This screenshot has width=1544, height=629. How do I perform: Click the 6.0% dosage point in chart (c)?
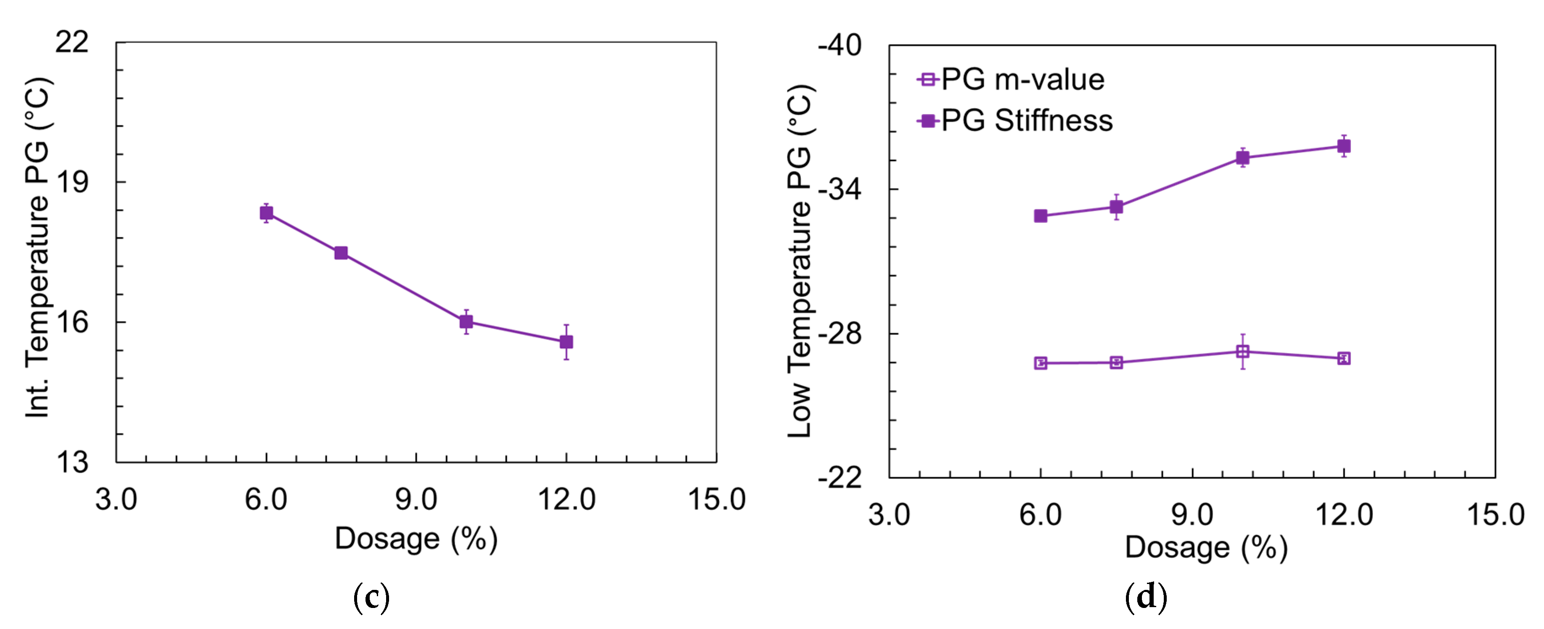click(266, 213)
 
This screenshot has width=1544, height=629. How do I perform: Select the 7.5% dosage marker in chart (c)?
click(341, 253)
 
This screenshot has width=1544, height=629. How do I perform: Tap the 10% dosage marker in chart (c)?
click(466, 322)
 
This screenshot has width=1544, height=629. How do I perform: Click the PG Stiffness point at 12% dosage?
click(1344, 146)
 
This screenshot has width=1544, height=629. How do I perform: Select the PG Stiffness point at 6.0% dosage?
click(1041, 216)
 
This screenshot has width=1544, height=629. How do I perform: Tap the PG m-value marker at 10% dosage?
click(1242, 351)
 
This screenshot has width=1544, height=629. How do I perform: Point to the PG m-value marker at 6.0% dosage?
click(1041, 363)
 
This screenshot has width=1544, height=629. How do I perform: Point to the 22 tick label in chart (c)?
click(72, 42)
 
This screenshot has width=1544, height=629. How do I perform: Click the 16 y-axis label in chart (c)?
click(72, 322)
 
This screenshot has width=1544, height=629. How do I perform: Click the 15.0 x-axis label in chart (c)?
click(716, 499)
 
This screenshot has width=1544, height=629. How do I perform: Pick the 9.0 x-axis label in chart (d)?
click(1192, 515)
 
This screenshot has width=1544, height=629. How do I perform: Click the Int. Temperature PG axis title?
click(38, 247)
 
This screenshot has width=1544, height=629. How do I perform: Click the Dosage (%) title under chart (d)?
click(1206, 547)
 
